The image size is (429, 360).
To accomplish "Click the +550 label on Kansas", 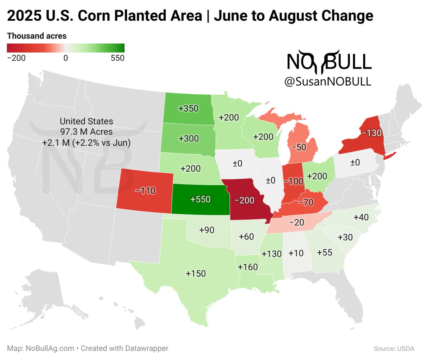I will coord(200,199).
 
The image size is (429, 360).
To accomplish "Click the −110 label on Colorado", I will coord(145,191).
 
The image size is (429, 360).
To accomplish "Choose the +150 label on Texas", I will coord(196,274).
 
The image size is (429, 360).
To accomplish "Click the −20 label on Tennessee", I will coord(297,222).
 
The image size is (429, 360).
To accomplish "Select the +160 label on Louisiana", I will coord(248,267).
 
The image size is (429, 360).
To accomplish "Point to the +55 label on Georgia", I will coord(325,252).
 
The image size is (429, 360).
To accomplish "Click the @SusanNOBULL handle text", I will coord(328,82).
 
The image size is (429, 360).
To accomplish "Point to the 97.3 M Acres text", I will coord(87,131).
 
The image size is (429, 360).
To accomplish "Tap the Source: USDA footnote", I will coord(394,348).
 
